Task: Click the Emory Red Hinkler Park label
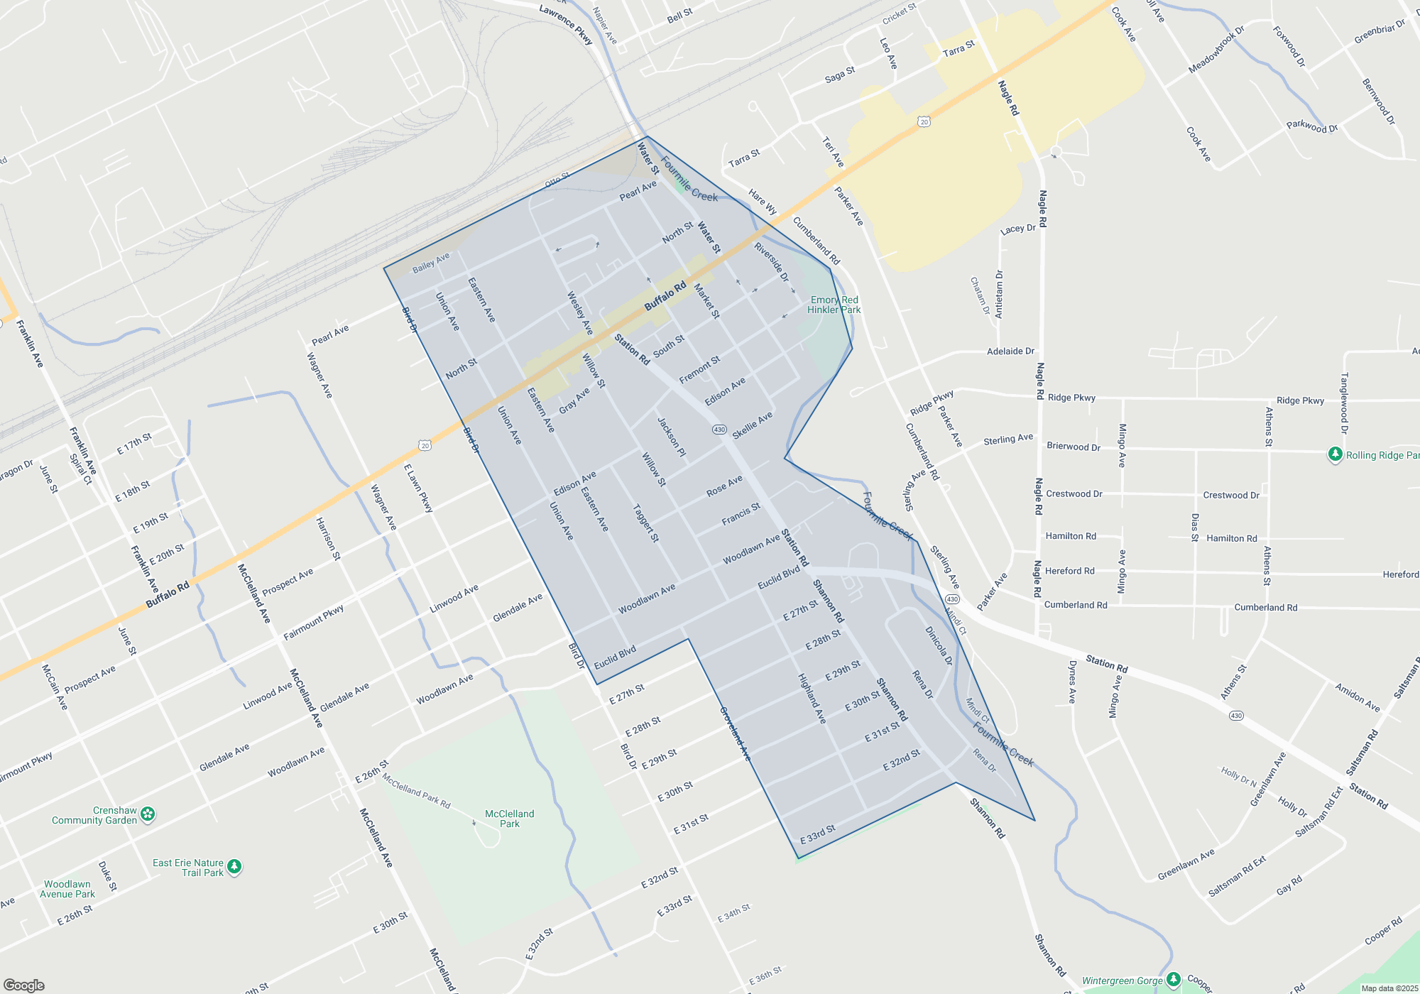pos(834,305)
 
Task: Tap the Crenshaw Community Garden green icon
pos(148,814)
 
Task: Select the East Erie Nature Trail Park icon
pos(234,866)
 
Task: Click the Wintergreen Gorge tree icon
pos(1173,980)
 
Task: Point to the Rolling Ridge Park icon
pos(1335,454)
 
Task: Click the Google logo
pos(23,985)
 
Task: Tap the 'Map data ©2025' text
pos(1389,988)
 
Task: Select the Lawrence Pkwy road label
pos(566,24)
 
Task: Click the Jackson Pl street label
pos(672,437)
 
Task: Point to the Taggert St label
pos(646,523)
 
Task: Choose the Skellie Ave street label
pos(752,425)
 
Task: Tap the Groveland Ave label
pos(735,733)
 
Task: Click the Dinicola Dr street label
pos(939,645)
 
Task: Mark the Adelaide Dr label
pos(1010,351)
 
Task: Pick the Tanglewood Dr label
pos(1344,403)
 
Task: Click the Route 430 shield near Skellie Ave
pos(719,430)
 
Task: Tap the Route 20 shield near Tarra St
pos(924,122)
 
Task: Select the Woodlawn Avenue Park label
pos(67,889)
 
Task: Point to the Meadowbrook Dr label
pos(1216,50)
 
